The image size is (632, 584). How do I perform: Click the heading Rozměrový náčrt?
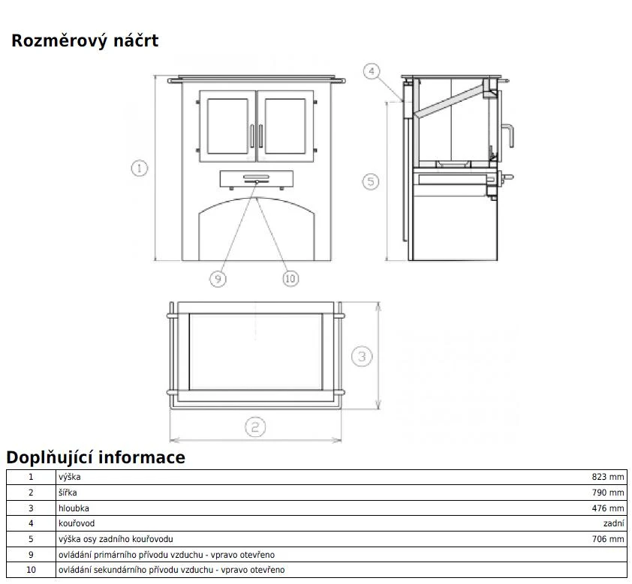85,41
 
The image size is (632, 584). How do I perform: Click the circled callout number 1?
140,168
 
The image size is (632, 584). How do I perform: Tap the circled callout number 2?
255,427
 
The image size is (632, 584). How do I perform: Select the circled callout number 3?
362,356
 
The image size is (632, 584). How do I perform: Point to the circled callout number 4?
372,72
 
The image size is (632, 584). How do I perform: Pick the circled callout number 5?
370,181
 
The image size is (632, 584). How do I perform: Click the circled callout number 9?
218,279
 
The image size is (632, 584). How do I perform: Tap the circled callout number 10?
290,279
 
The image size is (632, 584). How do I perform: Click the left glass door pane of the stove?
227,126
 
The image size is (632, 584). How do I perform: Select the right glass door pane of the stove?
285,126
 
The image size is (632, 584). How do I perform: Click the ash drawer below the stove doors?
257,179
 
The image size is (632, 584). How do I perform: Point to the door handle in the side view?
508,136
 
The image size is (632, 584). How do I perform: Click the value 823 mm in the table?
608,477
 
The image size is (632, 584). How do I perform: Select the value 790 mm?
608,493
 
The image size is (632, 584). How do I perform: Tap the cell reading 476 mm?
608,508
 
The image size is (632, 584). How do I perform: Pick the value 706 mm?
608,539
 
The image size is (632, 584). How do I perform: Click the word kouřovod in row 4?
77,523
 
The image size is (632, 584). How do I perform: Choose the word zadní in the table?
614,523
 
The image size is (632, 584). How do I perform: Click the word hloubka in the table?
74,508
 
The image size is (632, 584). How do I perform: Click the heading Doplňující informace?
96,457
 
